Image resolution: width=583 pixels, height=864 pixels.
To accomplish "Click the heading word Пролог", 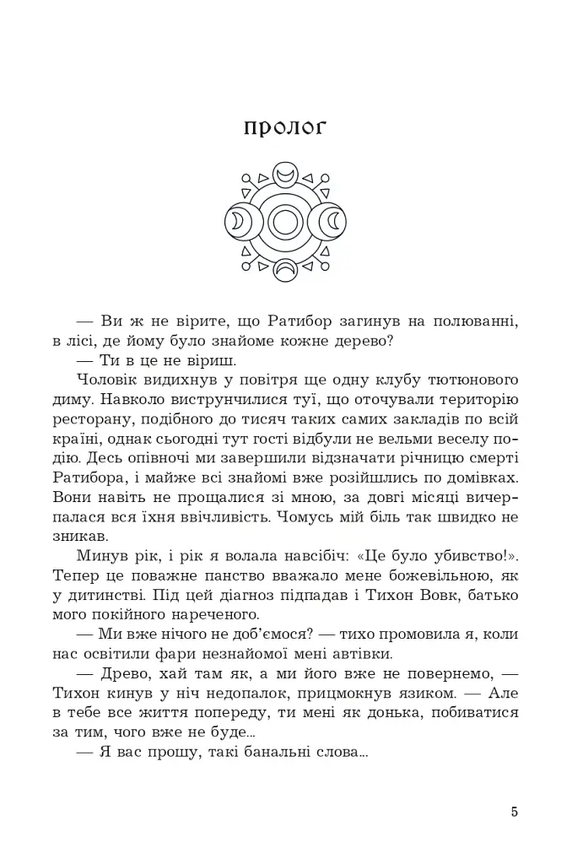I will tap(284, 127).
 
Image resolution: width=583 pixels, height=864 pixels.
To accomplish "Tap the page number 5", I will tap(515, 813).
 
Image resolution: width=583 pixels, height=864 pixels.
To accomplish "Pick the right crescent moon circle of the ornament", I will tap(333, 223).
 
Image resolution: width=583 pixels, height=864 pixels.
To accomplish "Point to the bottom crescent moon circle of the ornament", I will tap(285, 270).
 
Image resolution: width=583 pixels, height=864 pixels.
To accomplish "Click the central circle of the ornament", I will tap(285, 223).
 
